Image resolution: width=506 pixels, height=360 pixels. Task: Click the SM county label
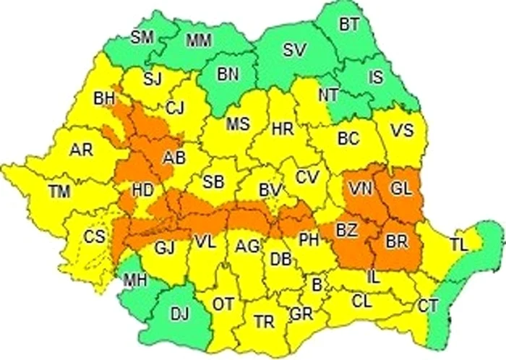[x=142, y=37]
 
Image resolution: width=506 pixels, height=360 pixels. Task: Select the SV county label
[x=293, y=50]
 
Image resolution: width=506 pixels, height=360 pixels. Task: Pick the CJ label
[x=176, y=108]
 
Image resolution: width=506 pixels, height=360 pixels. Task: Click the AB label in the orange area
[x=173, y=158]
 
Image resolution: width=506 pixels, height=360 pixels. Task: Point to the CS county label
[x=94, y=236]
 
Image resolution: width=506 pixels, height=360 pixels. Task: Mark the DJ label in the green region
[x=180, y=312]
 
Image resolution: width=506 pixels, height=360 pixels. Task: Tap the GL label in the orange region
[x=400, y=188]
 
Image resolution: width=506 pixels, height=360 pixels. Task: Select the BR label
[x=397, y=239]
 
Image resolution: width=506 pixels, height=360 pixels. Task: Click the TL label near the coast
[x=458, y=244]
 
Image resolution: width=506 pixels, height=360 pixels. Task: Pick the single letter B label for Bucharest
[x=316, y=284]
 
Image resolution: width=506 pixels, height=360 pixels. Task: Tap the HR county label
[x=282, y=129]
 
